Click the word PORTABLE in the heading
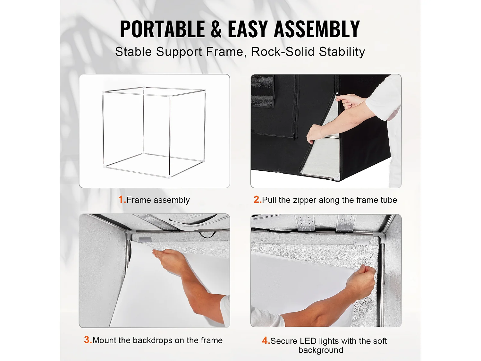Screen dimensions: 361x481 tap(162, 29)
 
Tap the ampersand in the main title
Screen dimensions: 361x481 tap(216, 29)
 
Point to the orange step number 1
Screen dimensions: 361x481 tap(122, 200)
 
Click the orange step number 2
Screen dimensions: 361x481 tap(257, 200)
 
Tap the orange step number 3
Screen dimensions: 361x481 tap(87, 340)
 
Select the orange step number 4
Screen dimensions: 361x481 tap(265, 340)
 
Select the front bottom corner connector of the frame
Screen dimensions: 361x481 tap(169, 176)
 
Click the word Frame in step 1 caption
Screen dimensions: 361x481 tap(139, 200)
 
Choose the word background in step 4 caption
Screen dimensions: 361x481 tap(321, 350)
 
